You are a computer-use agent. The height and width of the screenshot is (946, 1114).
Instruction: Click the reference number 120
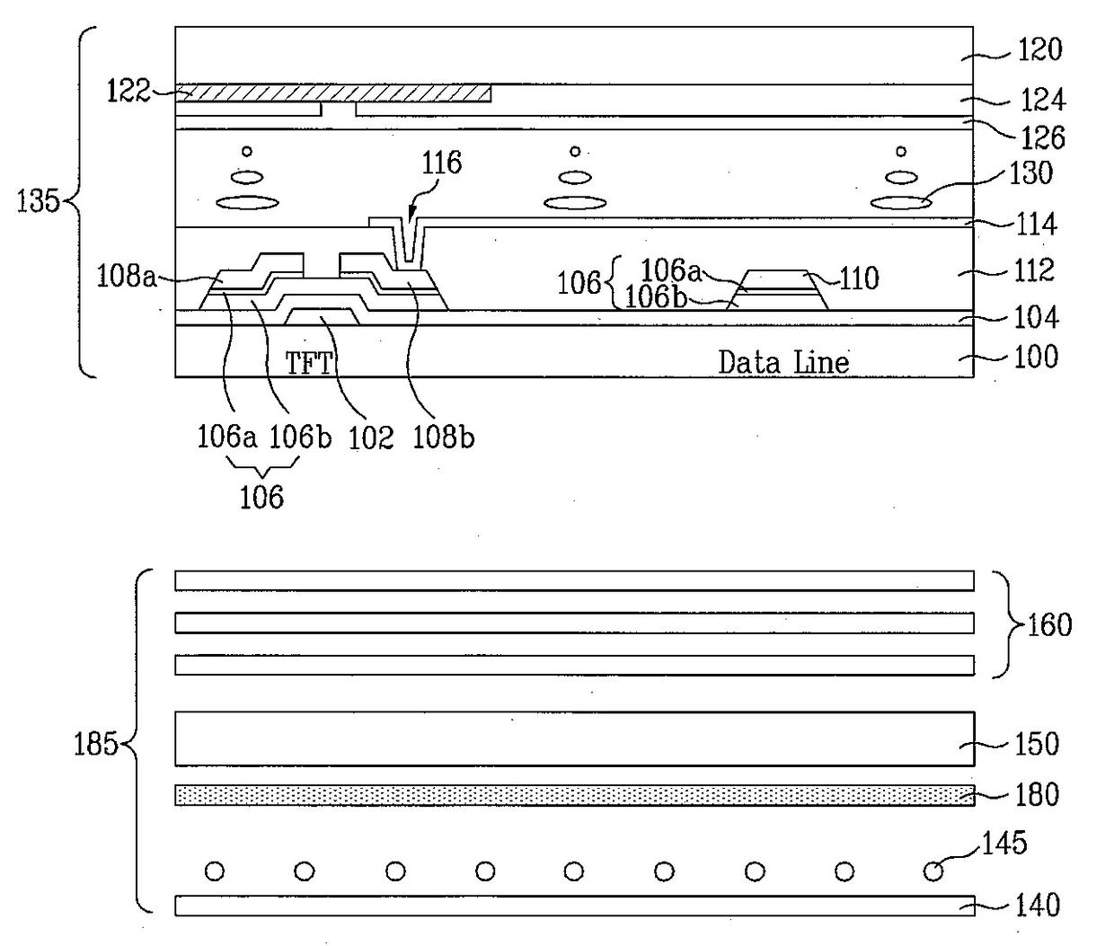click(x=1039, y=49)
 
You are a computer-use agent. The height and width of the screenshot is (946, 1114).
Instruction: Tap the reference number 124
click(x=1040, y=99)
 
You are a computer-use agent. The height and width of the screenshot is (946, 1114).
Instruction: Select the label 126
click(x=1042, y=137)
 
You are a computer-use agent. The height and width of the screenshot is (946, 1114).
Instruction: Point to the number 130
click(x=1030, y=172)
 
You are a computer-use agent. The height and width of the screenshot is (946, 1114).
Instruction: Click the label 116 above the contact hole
click(x=440, y=164)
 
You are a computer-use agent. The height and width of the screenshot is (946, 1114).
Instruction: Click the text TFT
click(x=309, y=363)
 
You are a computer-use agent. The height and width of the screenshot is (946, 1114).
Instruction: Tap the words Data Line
click(x=783, y=363)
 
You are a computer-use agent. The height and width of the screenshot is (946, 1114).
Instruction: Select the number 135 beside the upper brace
click(x=38, y=200)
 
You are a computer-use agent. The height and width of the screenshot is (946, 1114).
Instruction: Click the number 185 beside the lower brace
click(x=95, y=744)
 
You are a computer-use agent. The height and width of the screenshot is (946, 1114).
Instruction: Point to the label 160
click(x=1049, y=624)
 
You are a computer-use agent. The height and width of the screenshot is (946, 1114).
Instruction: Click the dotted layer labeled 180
click(x=575, y=795)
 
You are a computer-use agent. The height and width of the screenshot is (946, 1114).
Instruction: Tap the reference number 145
click(x=1005, y=844)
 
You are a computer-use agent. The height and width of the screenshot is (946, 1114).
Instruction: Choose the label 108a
click(x=127, y=277)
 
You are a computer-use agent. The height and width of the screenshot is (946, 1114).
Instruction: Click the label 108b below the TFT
click(x=443, y=438)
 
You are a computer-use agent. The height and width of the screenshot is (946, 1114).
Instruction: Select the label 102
click(x=372, y=438)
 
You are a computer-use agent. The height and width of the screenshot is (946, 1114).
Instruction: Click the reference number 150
click(x=1037, y=744)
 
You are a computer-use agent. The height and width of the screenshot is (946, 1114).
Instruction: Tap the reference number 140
click(x=1037, y=905)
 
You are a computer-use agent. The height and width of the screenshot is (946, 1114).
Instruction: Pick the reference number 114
click(x=1036, y=224)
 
